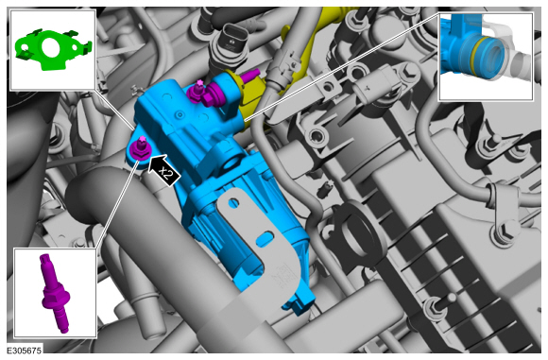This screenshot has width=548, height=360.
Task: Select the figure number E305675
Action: click(x=25, y=351)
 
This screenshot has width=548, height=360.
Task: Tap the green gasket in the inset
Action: click(x=53, y=50)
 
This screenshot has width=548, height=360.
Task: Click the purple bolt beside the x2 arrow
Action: click(x=140, y=149)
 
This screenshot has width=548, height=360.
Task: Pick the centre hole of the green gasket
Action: click(x=52, y=47)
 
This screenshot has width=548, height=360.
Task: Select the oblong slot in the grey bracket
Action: click(x=265, y=238)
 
